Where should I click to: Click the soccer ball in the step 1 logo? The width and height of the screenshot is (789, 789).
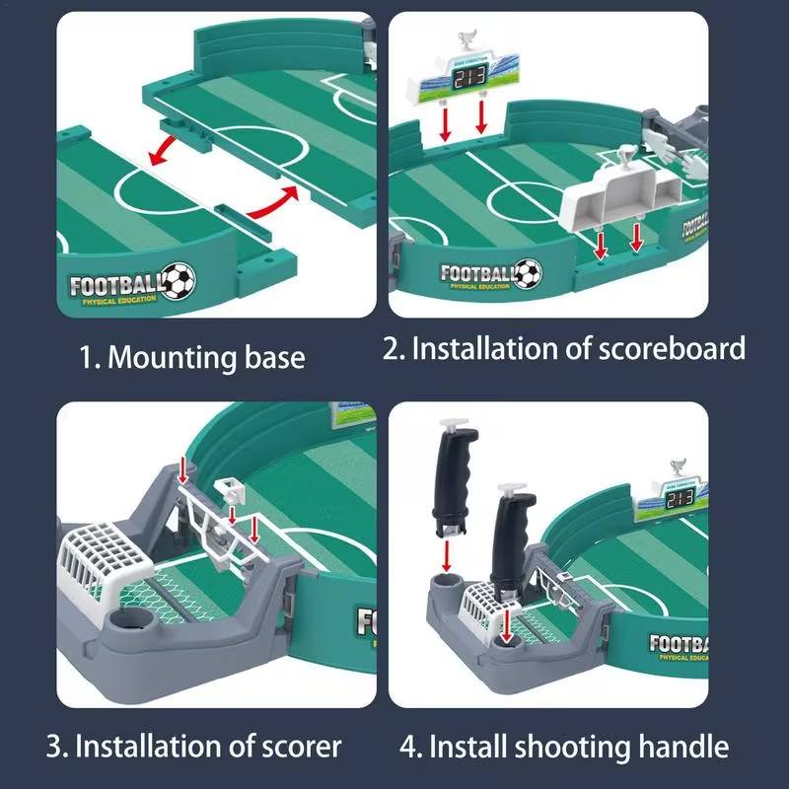coord(179,280)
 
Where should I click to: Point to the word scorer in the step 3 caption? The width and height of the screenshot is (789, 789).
coord(293,746)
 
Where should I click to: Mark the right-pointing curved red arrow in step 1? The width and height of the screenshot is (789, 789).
coord(270,200)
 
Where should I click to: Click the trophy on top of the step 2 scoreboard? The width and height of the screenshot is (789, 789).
coord(464,41)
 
